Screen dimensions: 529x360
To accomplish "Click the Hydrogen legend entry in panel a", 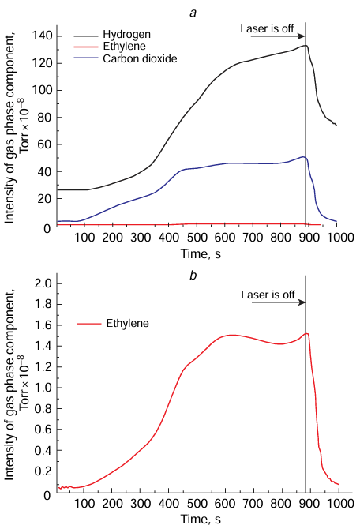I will click(129, 36).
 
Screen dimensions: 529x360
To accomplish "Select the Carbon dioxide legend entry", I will click(138, 59).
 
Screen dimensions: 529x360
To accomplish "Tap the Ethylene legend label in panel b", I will click(128, 324).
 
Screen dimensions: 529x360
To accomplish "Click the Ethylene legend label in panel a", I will click(127, 47).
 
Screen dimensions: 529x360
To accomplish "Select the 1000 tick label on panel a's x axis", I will click(338, 238).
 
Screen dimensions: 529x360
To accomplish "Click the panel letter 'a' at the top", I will click(186, 8).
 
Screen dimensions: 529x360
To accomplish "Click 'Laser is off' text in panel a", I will click(267, 29).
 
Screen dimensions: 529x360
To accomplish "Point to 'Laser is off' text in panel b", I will click(268, 295).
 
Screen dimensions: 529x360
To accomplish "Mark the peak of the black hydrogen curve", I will click(304, 46).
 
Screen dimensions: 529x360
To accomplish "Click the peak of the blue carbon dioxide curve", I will click(303, 157).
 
